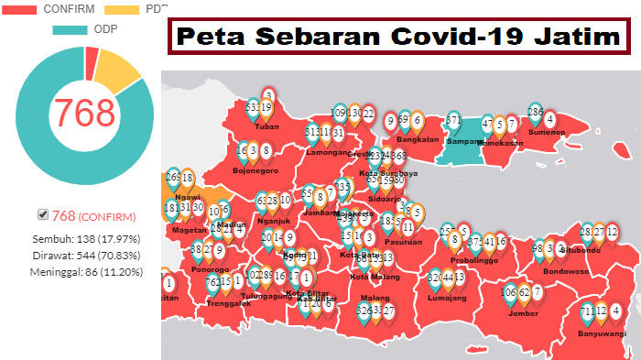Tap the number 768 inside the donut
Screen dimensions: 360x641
coord(85,112)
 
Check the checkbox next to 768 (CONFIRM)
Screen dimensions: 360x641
coord(42,215)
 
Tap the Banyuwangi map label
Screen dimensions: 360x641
coord(603,333)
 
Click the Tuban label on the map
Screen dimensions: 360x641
coord(266,127)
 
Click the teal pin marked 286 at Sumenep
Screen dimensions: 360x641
coord(536,114)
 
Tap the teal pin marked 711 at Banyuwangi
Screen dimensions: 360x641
coord(588,312)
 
